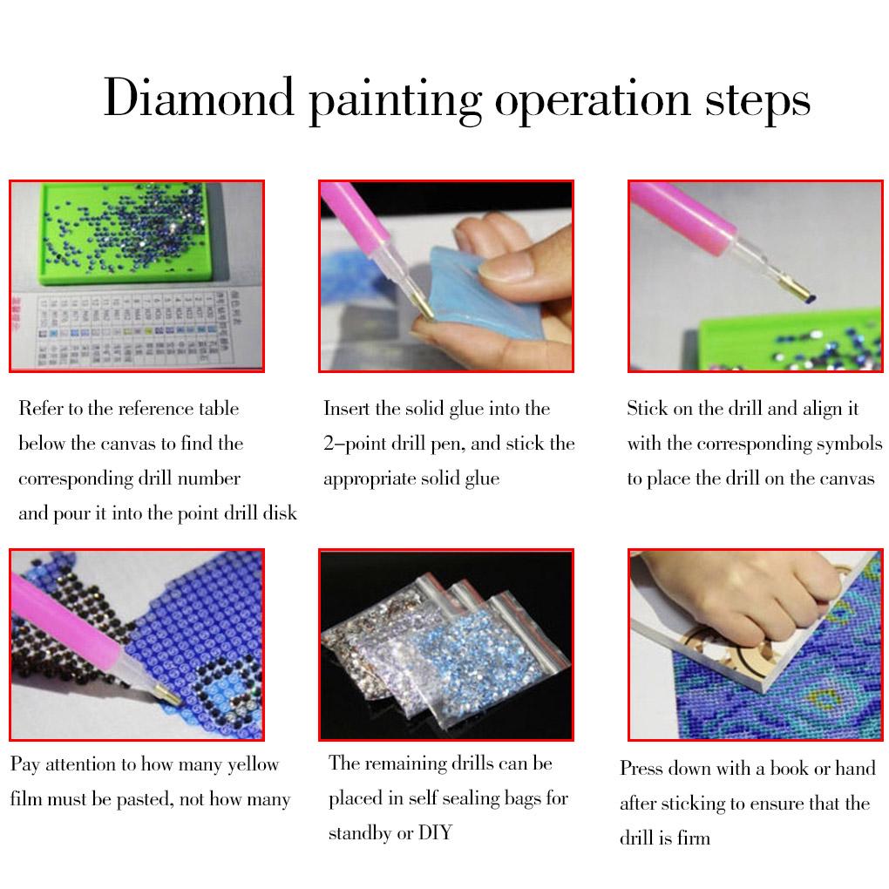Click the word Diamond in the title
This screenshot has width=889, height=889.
(198, 98)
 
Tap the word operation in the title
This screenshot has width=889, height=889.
(592, 98)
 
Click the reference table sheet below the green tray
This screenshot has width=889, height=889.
(131, 331)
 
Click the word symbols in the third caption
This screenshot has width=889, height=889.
(849, 444)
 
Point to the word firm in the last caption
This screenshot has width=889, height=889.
(693, 838)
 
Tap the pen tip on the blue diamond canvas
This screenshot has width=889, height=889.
(164, 693)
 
